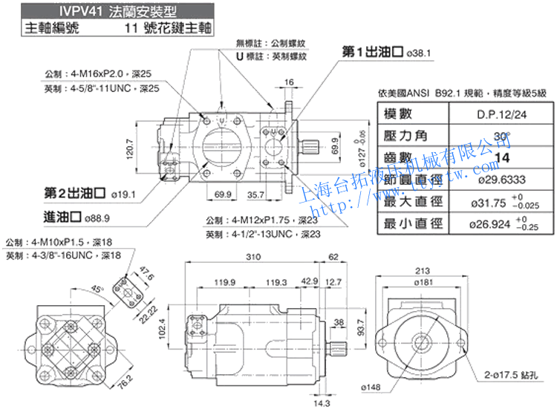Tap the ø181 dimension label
[445, 282]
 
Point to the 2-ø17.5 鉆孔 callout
[512, 375]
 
